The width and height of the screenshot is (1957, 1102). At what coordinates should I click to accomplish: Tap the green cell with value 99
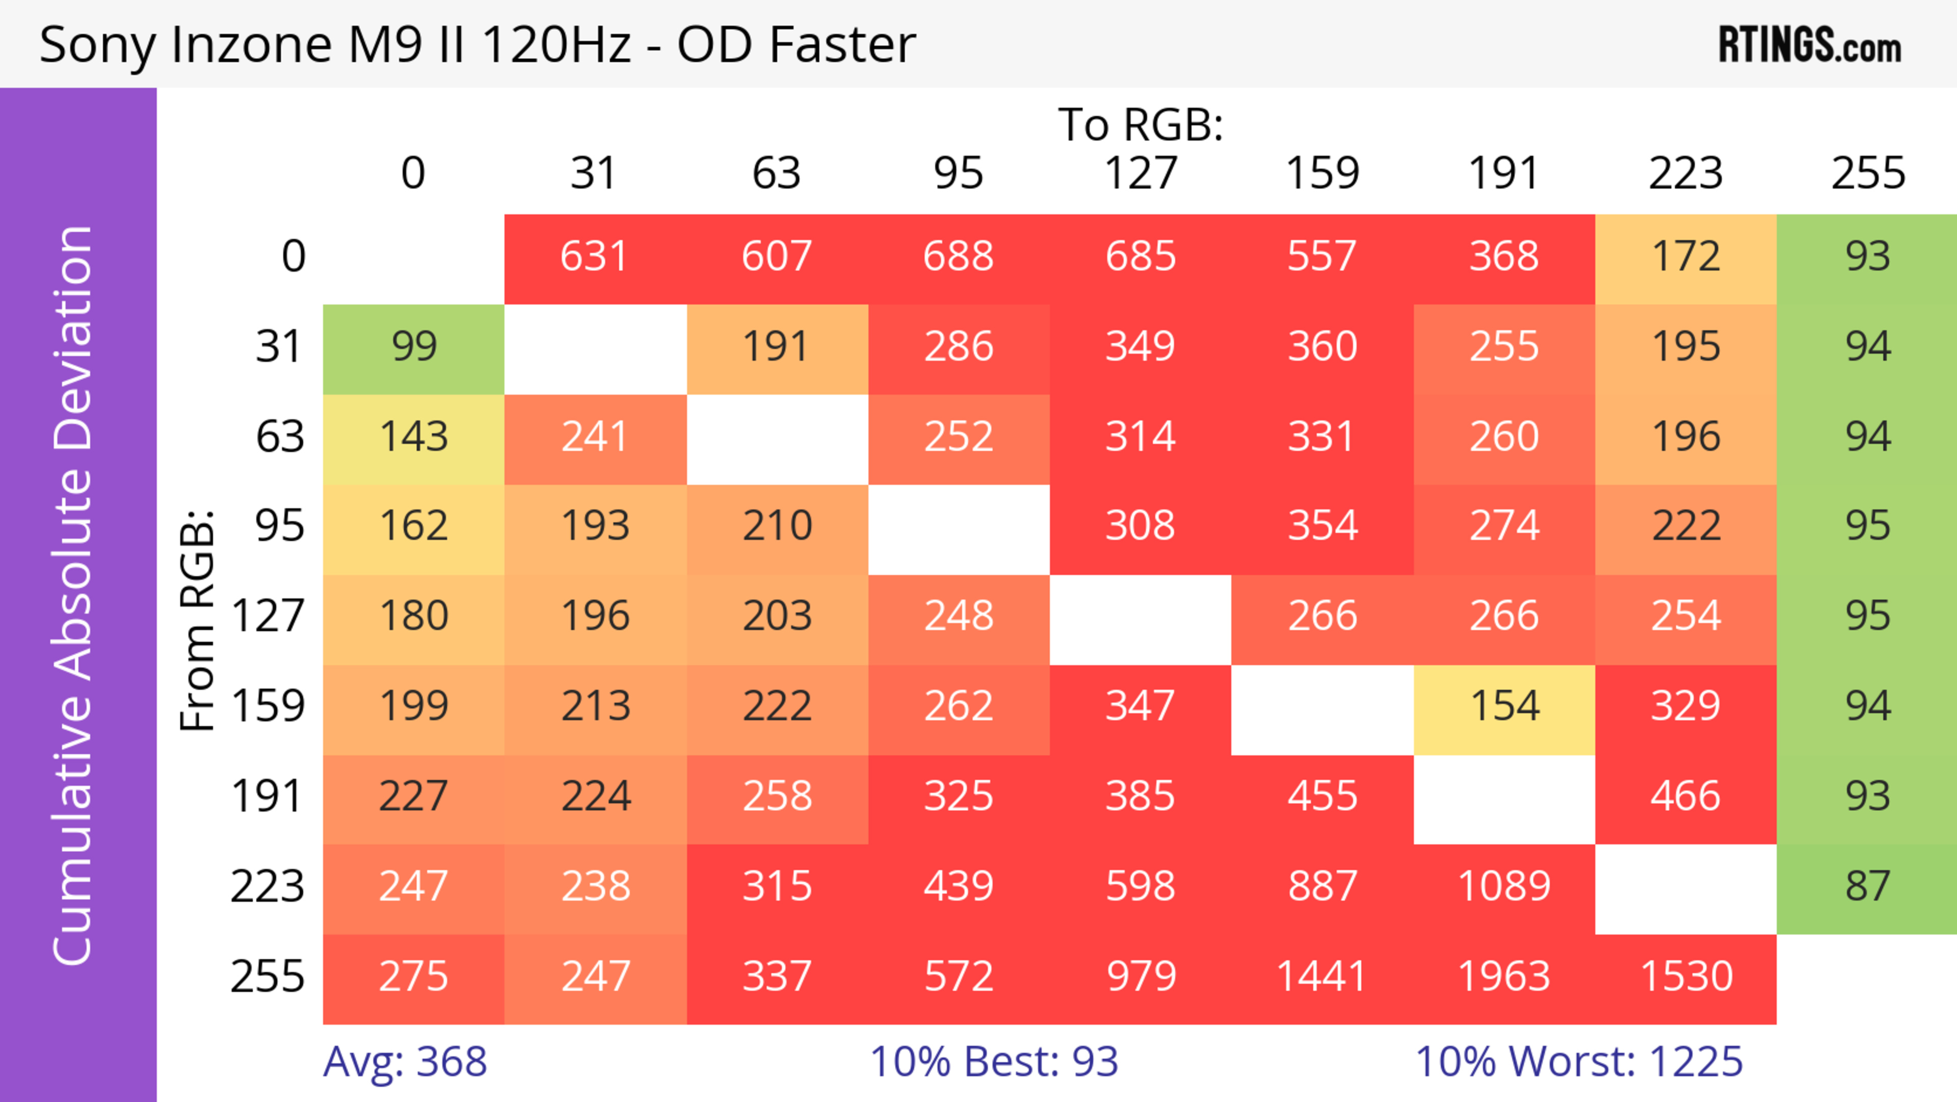(x=413, y=347)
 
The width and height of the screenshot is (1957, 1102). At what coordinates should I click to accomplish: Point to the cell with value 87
(x=1867, y=887)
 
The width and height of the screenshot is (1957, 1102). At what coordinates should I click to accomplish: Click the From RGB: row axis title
(x=198, y=620)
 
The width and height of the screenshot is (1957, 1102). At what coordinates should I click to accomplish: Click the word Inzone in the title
(x=251, y=44)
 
